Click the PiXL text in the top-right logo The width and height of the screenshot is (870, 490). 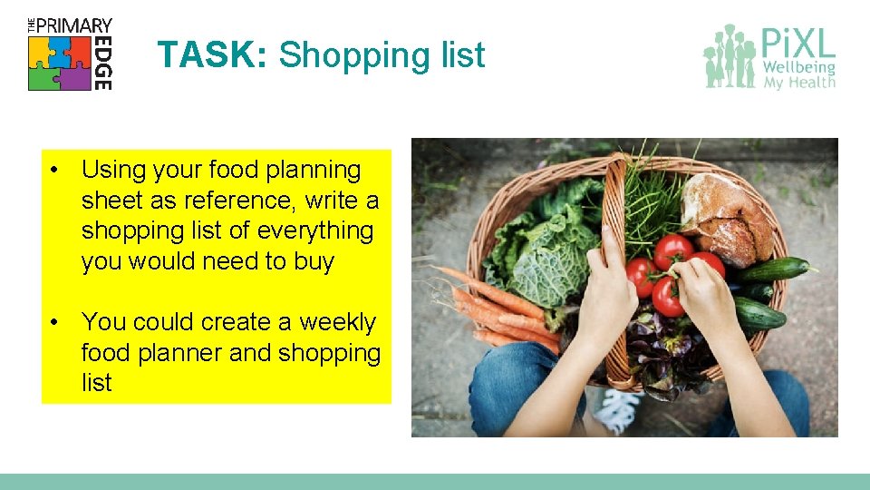point(797,43)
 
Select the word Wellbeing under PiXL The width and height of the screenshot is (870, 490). point(798,68)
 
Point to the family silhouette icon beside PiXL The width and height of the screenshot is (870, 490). point(729,56)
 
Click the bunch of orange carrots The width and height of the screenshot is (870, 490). point(494,308)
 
